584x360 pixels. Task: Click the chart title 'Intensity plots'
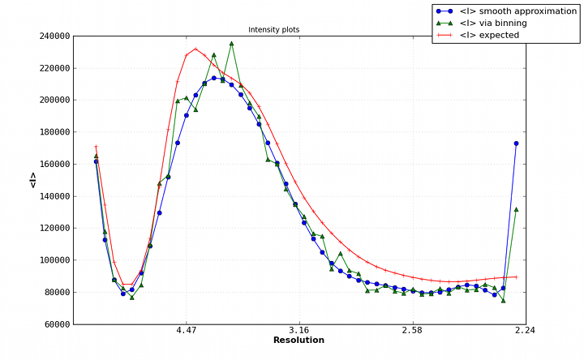(x=273, y=30)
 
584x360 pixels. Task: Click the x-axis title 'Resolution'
(x=298, y=341)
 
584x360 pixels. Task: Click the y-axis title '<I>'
(x=33, y=180)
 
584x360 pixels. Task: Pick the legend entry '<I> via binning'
(x=493, y=23)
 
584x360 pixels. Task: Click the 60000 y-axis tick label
(x=53, y=324)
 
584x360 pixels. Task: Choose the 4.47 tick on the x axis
(x=187, y=331)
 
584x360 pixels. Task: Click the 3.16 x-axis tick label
(x=299, y=331)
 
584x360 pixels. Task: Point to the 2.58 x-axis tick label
(x=412, y=331)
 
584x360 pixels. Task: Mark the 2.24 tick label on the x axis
(x=525, y=331)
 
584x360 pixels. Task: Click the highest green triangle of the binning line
(x=231, y=44)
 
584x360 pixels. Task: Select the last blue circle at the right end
(x=516, y=144)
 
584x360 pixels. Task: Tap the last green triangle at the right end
(x=516, y=209)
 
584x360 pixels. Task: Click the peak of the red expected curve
(x=195, y=49)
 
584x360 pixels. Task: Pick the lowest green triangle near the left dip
(x=132, y=298)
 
